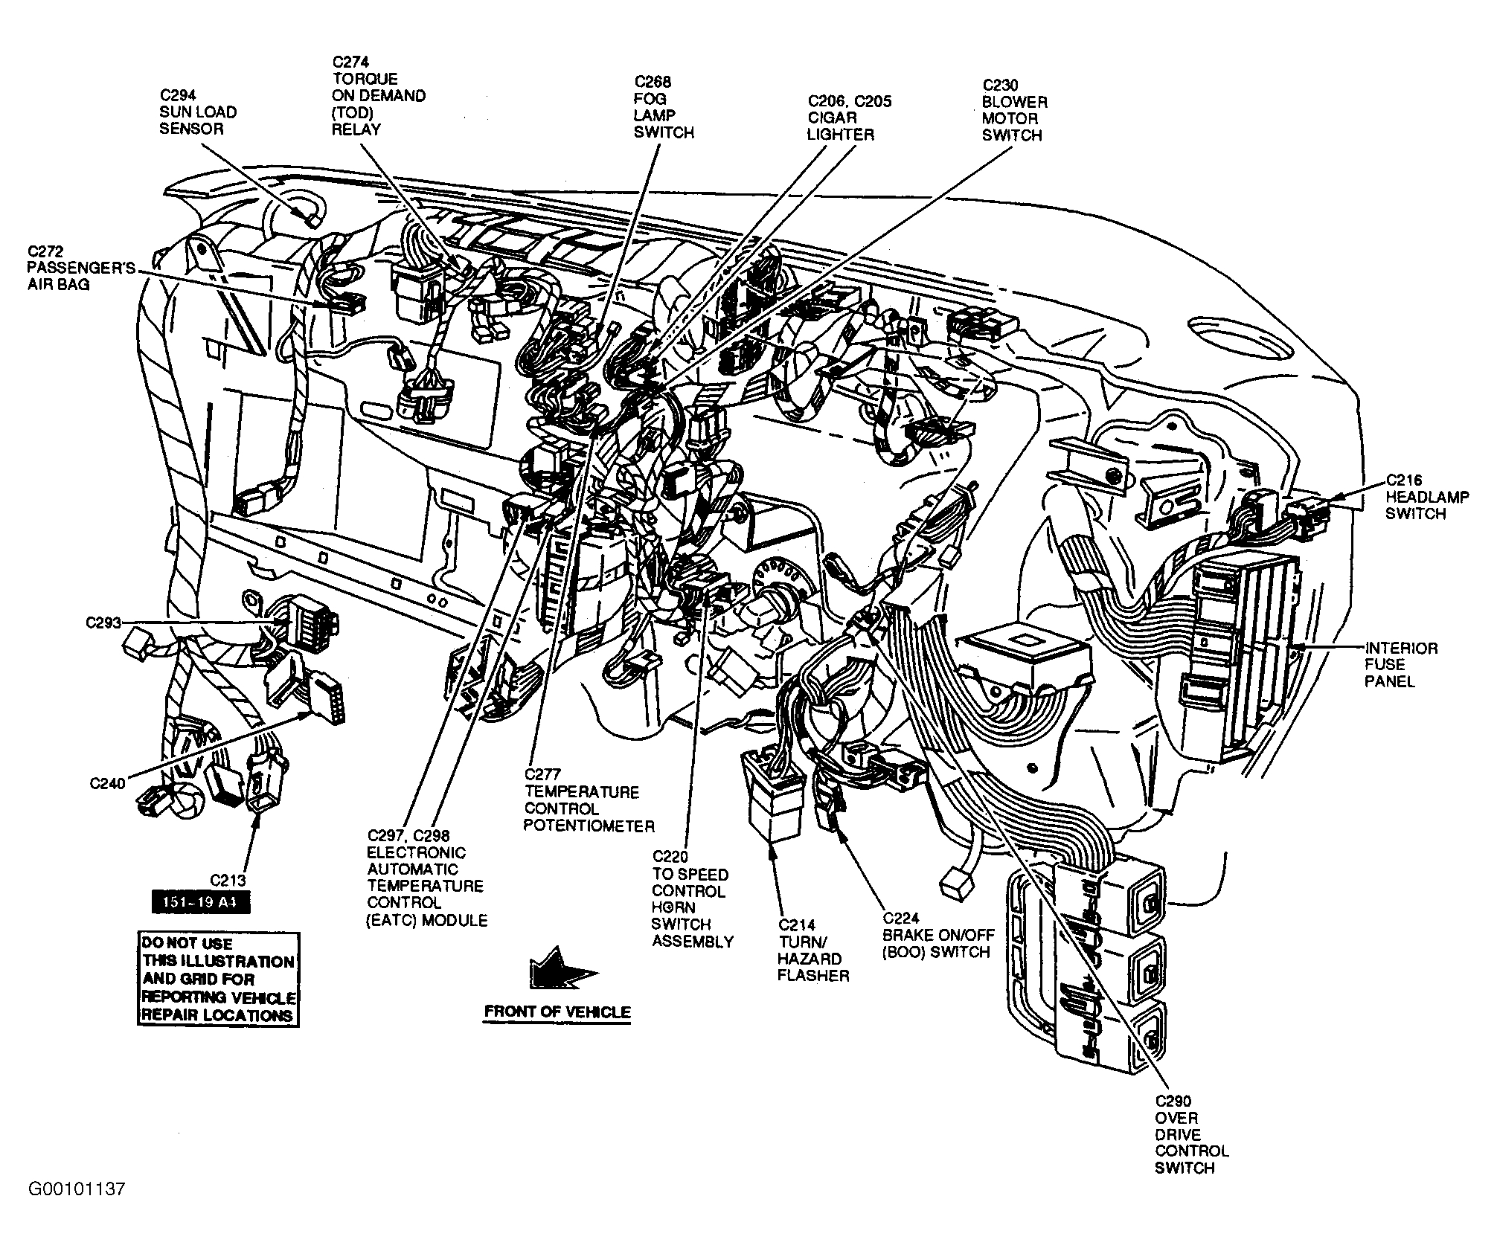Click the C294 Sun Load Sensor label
(198, 112)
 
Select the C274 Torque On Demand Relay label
(379, 95)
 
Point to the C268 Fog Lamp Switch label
(663, 107)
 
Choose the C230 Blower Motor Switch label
(1013, 110)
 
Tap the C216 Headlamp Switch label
(1426, 497)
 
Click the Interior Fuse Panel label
(1400, 664)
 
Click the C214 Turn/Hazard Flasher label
(812, 951)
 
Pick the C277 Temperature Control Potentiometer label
(589, 800)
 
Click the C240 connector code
(107, 783)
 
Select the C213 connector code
(228, 881)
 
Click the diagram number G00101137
(77, 1210)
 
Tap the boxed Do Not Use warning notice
(218, 980)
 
